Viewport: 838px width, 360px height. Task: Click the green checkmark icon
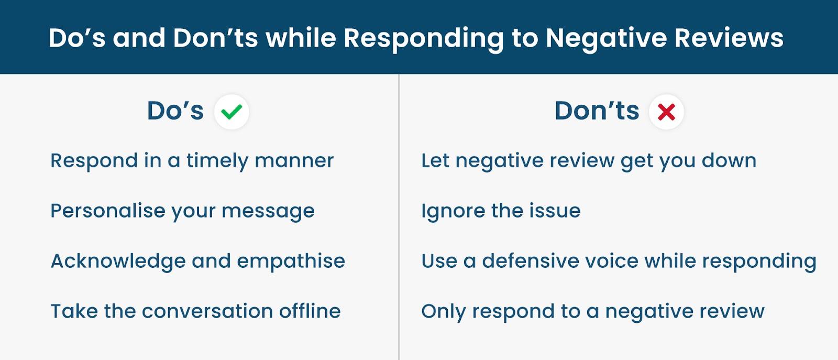pyautogui.click(x=231, y=112)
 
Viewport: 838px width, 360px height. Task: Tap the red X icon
pyautogui.click(x=666, y=112)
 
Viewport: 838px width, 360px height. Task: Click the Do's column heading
pyautogui.click(x=175, y=111)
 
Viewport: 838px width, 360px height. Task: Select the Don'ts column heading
pyautogui.click(x=597, y=111)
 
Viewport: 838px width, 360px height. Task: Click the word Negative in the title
pyautogui.click(x=607, y=38)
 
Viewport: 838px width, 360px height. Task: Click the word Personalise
pyautogui.click(x=108, y=210)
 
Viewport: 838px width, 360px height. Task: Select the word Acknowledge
pyautogui.click(x=118, y=261)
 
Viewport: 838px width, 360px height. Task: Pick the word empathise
pyautogui.click(x=291, y=261)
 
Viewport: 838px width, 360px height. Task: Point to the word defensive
pyautogui.click(x=531, y=261)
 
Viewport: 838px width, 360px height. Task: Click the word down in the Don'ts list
pyautogui.click(x=729, y=160)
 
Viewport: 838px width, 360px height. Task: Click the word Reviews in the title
pyautogui.click(x=729, y=38)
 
